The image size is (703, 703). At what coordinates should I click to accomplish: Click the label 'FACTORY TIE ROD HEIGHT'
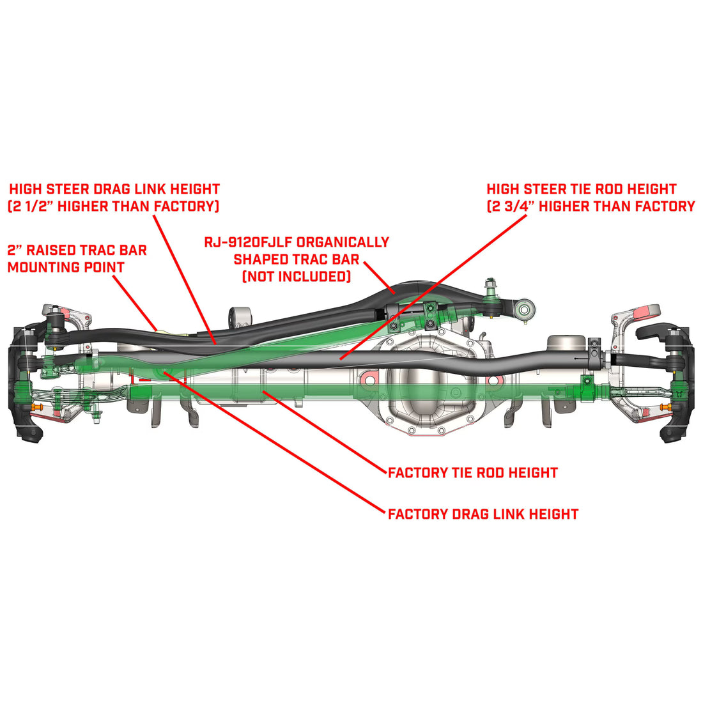[473, 473]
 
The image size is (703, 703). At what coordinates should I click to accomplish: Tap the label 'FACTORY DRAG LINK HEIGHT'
[483, 514]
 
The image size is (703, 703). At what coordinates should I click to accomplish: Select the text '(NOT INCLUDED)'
[297, 277]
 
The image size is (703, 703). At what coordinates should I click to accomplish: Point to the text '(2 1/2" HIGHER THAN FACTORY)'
[113, 206]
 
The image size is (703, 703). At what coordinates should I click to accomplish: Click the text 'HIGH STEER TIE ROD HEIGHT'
[582, 189]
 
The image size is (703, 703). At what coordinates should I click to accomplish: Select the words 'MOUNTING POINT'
[66, 267]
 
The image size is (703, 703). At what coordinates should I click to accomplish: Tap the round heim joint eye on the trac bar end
[524, 311]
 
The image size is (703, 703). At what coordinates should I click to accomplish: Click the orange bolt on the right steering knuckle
[667, 407]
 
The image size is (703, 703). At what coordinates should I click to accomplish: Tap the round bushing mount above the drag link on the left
[240, 317]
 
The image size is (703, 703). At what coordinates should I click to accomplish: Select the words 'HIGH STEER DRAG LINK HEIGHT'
[114, 189]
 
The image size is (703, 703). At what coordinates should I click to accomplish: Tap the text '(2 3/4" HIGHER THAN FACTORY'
[591, 206]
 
